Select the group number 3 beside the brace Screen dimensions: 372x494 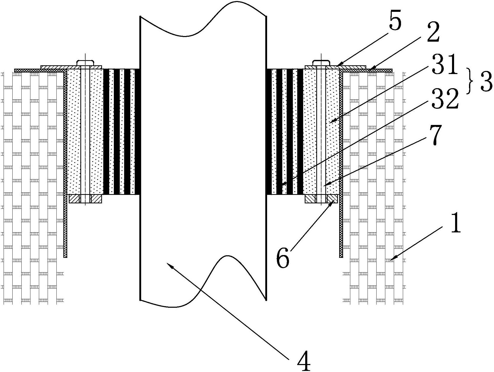point(486,83)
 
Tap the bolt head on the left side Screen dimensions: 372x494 point(85,63)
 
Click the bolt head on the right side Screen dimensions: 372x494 point(321,63)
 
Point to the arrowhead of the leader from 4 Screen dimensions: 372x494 point(168,263)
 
